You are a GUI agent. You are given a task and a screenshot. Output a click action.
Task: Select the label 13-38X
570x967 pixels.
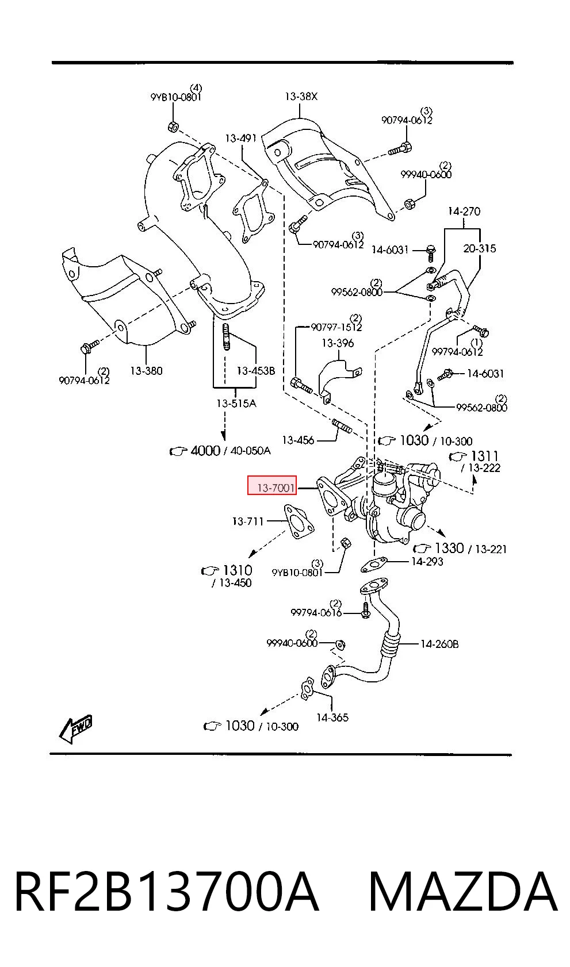coord(301,96)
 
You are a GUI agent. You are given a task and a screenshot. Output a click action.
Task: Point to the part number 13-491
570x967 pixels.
coord(241,138)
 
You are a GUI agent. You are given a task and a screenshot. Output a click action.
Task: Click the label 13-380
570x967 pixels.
coord(147,370)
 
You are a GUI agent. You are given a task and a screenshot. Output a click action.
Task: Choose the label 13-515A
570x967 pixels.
coord(236,403)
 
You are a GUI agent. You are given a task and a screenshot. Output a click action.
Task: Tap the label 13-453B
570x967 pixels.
coord(255,370)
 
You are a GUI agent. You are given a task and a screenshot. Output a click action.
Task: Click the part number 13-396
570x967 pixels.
coord(338,343)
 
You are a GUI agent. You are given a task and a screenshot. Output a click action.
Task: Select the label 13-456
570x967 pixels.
coord(298,440)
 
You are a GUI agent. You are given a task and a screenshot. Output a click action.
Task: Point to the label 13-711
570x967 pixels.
coord(248,521)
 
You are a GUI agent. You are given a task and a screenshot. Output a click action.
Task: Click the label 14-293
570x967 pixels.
coord(427,561)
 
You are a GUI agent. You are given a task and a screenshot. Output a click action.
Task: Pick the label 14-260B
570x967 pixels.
coord(439,644)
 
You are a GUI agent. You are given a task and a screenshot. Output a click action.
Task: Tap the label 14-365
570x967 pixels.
coord(332,717)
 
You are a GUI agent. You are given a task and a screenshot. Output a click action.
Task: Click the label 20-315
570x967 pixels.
coord(479,248)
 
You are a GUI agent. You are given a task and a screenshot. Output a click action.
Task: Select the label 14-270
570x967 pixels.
coord(464,211)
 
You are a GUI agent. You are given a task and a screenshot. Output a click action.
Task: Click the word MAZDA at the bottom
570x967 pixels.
coord(464,892)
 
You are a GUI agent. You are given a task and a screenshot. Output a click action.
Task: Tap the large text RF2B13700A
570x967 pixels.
coord(167,892)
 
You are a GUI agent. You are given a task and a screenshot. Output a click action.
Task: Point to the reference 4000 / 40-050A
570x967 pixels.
coord(220,451)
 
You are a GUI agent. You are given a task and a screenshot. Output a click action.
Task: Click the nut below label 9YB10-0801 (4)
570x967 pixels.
coord(173,126)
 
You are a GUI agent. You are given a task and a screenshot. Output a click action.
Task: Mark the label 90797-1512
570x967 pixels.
coord(336,327)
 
